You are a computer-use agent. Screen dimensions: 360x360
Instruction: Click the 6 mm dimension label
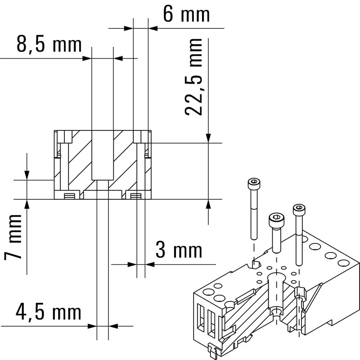(186, 14)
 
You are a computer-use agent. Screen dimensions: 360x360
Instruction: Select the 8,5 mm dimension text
(49, 45)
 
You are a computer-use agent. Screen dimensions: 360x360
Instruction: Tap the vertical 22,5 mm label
(193, 77)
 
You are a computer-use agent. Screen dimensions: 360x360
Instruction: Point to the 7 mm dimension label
(13, 237)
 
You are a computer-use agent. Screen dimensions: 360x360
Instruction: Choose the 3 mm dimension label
(179, 250)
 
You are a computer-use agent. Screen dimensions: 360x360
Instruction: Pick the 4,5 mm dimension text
(49, 312)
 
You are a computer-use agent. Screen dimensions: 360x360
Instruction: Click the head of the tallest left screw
(254, 183)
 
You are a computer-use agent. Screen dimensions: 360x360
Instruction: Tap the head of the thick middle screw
(276, 220)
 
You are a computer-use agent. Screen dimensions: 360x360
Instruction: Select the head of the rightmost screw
(299, 209)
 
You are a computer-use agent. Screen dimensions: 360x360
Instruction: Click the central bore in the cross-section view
(103, 155)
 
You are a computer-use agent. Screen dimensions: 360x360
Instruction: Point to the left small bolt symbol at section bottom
(70, 196)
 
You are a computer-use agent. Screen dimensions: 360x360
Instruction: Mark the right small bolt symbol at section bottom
(136, 196)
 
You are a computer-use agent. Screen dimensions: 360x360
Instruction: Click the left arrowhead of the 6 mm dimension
(129, 28)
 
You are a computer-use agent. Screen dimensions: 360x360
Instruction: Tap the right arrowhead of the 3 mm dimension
(150, 265)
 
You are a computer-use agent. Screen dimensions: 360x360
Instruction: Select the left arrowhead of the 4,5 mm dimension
(92, 326)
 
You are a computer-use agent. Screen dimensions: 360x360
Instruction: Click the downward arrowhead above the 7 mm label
(27, 175)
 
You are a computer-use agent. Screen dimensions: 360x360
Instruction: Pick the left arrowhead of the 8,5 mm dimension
(87, 58)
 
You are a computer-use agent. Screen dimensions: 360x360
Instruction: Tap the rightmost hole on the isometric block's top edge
(344, 263)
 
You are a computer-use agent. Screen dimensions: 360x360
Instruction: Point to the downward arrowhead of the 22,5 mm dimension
(208, 138)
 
